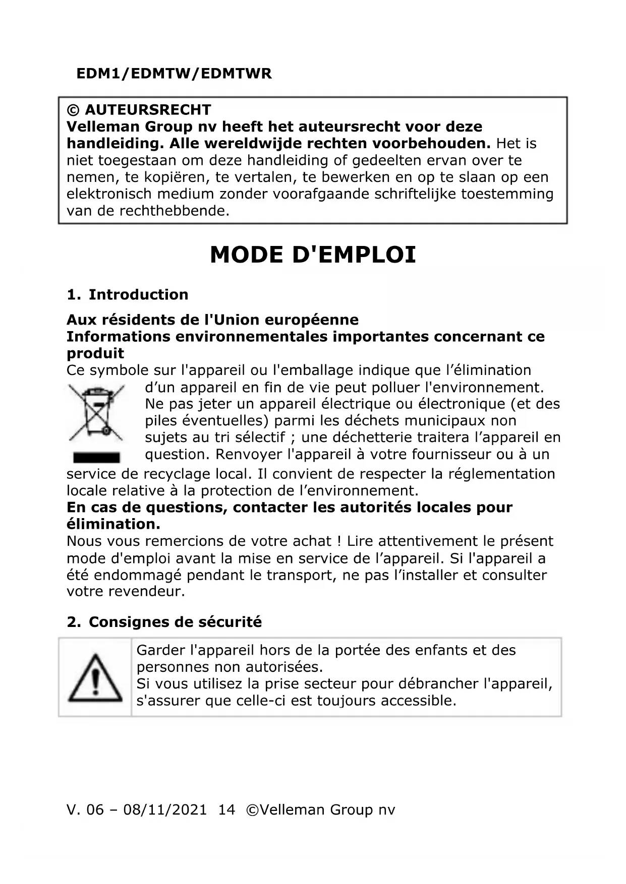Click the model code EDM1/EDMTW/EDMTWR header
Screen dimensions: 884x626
point(174,74)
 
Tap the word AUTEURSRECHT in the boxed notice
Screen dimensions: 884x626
point(148,109)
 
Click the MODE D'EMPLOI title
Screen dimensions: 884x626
point(313,255)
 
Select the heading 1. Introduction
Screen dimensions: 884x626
point(128,294)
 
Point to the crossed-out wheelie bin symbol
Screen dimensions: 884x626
point(96,412)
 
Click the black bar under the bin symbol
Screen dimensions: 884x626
point(96,457)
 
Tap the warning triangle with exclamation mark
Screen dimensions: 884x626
point(95,678)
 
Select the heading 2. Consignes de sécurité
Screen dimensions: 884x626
point(164,622)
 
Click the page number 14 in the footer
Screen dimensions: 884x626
point(226,809)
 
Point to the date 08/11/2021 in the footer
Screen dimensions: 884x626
point(165,809)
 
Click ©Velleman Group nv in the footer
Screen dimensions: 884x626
point(320,809)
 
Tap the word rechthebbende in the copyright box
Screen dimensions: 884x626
point(174,211)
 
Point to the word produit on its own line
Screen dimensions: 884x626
point(95,353)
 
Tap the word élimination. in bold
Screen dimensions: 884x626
point(113,524)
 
